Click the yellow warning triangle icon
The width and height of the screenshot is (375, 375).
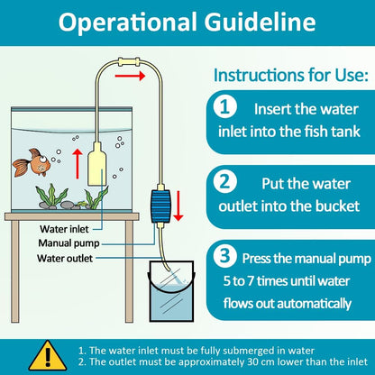[48, 356]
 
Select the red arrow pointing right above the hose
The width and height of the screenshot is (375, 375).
[130, 76]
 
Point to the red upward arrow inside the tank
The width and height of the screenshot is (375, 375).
[78, 164]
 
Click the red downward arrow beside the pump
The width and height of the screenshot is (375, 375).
[178, 206]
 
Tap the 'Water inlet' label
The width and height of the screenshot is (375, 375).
[64, 229]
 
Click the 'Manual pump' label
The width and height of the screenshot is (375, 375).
[69, 243]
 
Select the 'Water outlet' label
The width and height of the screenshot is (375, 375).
[65, 258]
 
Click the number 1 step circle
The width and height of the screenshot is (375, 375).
[224, 107]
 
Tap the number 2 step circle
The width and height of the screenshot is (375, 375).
[224, 182]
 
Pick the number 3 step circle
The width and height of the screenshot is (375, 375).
[224, 256]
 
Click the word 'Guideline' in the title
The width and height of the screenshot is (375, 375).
[260, 23]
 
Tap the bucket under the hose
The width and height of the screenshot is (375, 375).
[171, 291]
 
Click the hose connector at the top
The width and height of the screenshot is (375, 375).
[129, 62]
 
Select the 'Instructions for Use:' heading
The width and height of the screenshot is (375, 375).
[291, 75]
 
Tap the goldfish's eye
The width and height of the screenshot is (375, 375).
[43, 159]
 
